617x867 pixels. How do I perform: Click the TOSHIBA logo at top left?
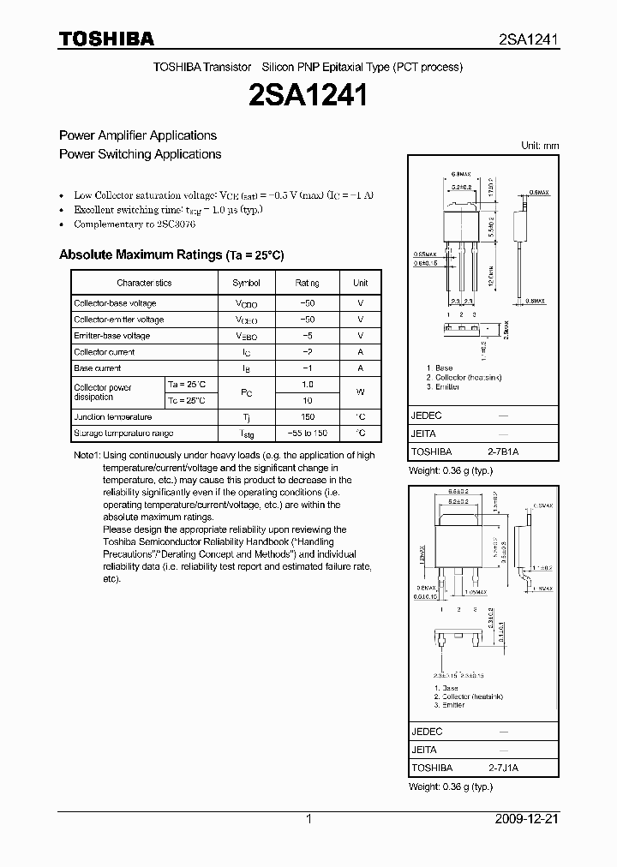click(106, 39)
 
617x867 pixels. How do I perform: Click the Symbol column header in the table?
click(246, 283)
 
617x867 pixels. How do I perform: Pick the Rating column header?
click(308, 283)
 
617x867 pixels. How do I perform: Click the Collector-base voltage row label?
click(115, 303)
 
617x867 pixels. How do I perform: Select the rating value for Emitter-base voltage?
click(308, 336)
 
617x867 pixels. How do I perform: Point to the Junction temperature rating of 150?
click(308, 416)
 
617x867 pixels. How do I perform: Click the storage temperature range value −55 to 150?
click(308, 433)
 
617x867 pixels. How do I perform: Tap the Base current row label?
click(97, 368)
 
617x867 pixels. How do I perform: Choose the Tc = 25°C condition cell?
click(186, 400)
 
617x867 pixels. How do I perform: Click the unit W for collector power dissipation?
click(361, 392)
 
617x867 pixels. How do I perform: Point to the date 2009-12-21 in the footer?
click(527, 819)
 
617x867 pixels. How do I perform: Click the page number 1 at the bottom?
click(308, 819)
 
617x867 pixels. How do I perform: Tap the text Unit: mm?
click(540, 146)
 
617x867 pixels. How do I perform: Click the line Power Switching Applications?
click(140, 154)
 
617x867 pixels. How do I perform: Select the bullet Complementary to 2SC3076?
click(135, 224)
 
